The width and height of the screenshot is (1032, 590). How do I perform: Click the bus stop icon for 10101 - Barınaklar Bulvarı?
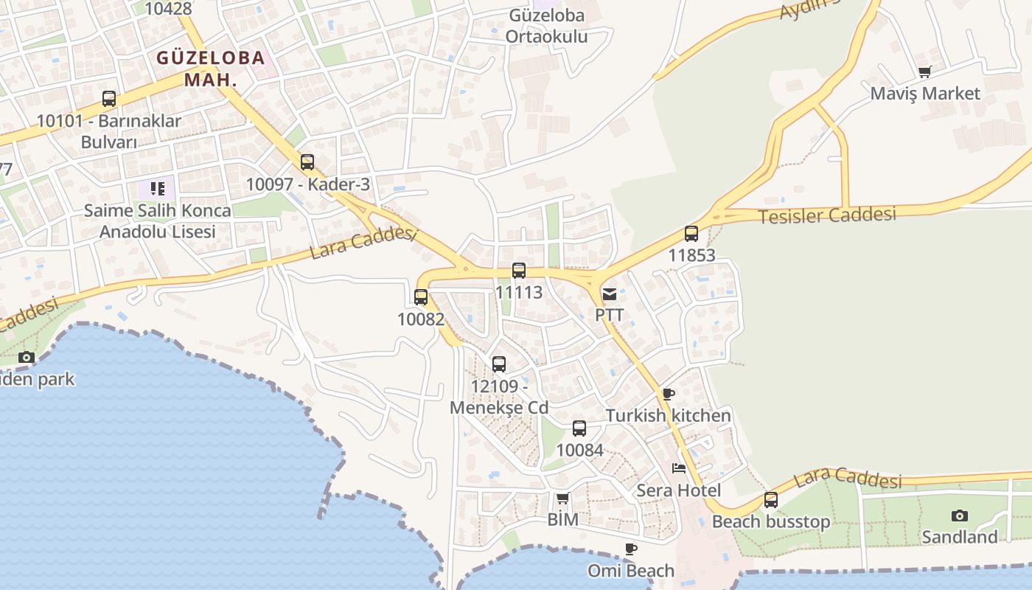click(x=109, y=98)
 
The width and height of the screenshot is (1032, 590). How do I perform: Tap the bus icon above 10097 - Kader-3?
click(x=307, y=162)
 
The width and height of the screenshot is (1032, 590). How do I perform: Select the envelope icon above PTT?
click(x=610, y=294)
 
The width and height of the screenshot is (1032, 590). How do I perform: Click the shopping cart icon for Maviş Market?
click(x=925, y=72)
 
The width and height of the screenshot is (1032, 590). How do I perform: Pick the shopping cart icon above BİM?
click(x=562, y=499)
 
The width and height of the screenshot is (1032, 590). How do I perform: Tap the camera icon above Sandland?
click(x=959, y=516)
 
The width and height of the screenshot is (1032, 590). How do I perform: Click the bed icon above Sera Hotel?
click(x=678, y=468)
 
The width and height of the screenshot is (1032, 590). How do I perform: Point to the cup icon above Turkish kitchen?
click(x=668, y=394)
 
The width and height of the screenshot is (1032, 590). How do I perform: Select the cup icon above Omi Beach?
click(x=630, y=549)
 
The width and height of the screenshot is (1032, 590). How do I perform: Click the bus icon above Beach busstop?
click(x=771, y=499)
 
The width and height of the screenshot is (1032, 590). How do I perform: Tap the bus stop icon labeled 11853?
click(x=691, y=234)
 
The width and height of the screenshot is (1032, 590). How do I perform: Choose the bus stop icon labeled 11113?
click(x=519, y=271)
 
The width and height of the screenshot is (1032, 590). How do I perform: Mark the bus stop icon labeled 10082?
click(x=421, y=297)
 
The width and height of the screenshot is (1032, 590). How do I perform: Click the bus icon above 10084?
click(x=579, y=428)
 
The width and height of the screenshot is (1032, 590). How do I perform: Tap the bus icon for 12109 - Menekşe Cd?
click(x=499, y=364)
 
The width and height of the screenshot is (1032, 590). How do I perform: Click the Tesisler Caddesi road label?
click(x=827, y=215)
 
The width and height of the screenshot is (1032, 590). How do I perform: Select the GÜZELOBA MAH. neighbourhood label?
click(x=211, y=69)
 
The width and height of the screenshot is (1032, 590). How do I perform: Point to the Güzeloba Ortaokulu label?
click(x=547, y=26)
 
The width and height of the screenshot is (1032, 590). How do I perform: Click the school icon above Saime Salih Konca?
click(x=157, y=189)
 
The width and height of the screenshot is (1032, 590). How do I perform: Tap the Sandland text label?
click(x=960, y=537)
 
